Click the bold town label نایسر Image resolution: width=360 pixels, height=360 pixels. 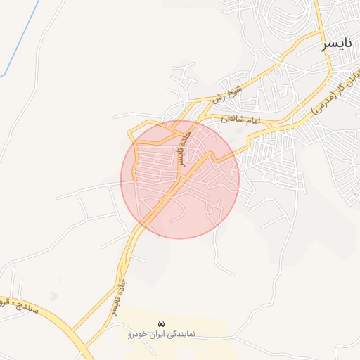click(x=336, y=44)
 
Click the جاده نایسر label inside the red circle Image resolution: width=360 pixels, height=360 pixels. click(x=183, y=145)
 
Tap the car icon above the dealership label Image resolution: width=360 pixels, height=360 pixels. click(x=162, y=323)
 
